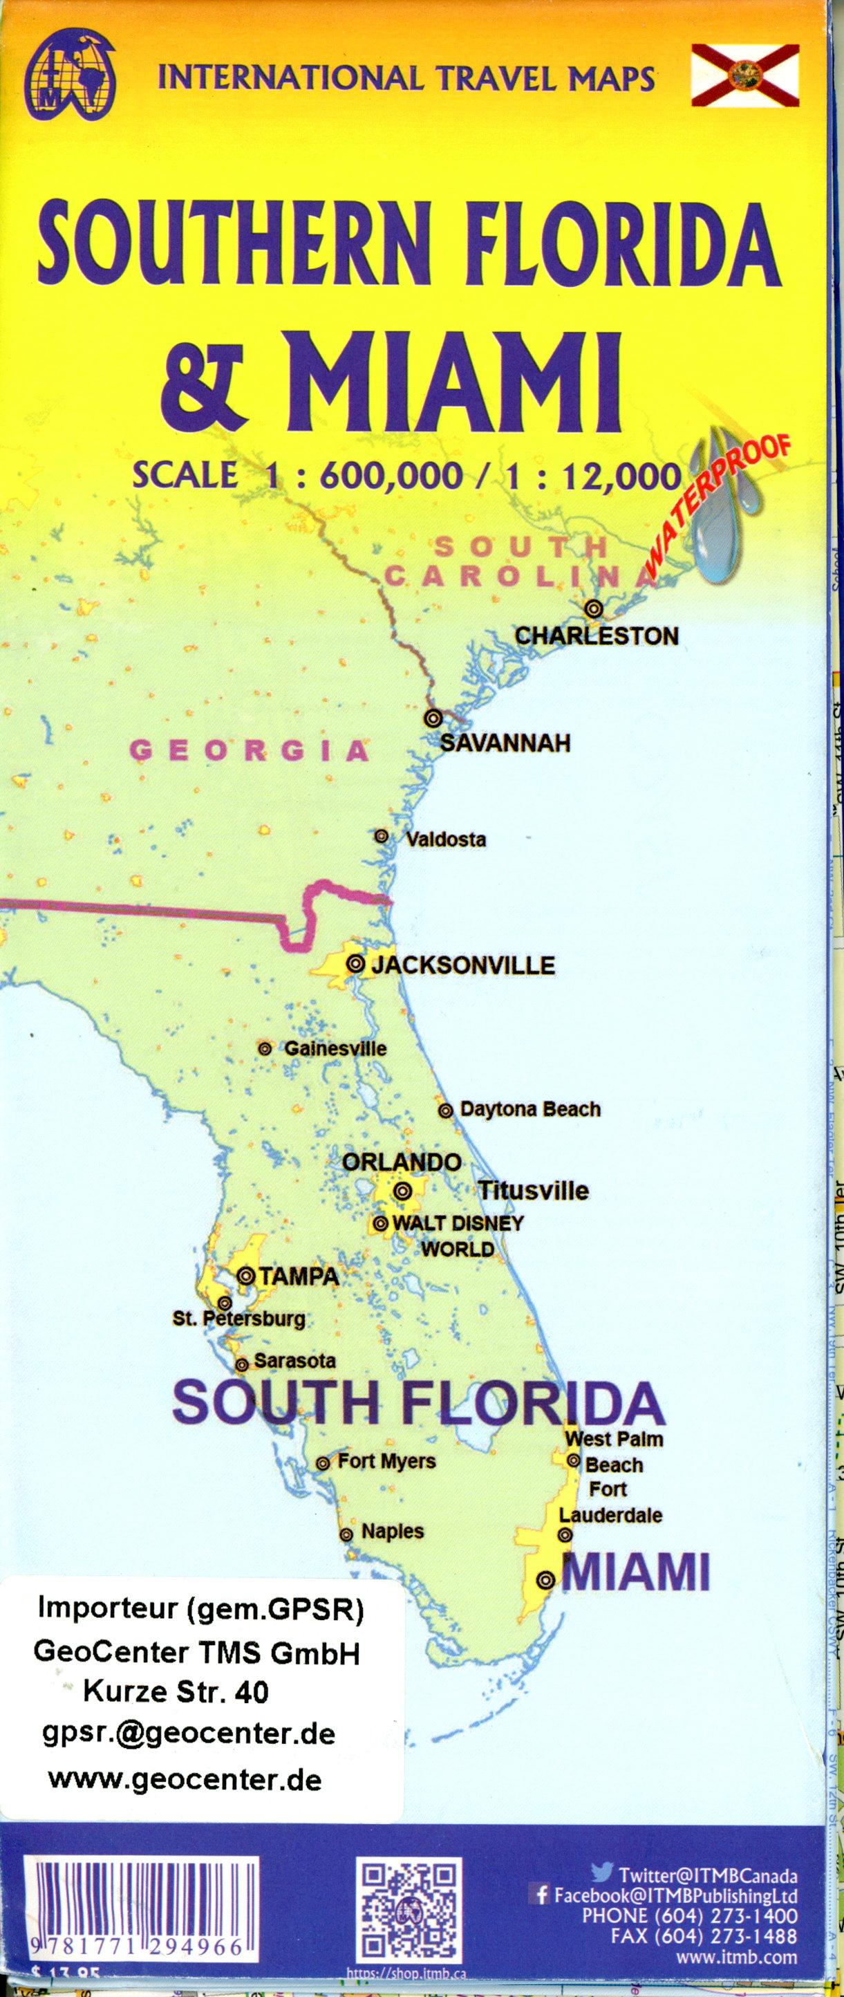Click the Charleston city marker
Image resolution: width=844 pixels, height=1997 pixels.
click(x=594, y=609)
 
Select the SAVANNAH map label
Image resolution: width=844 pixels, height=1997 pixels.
click(x=505, y=743)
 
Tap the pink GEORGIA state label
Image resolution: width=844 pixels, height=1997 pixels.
click(x=238, y=750)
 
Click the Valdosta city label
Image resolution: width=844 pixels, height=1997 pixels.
click(x=446, y=839)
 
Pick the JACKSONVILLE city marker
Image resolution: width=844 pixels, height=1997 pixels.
click(x=356, y=964)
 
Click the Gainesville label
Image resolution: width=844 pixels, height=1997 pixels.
click(x=335, y=1048)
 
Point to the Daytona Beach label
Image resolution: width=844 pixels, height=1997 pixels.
click(x=530, y=1109)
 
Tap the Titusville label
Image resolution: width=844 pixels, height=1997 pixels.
click(x=533, y=1191)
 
